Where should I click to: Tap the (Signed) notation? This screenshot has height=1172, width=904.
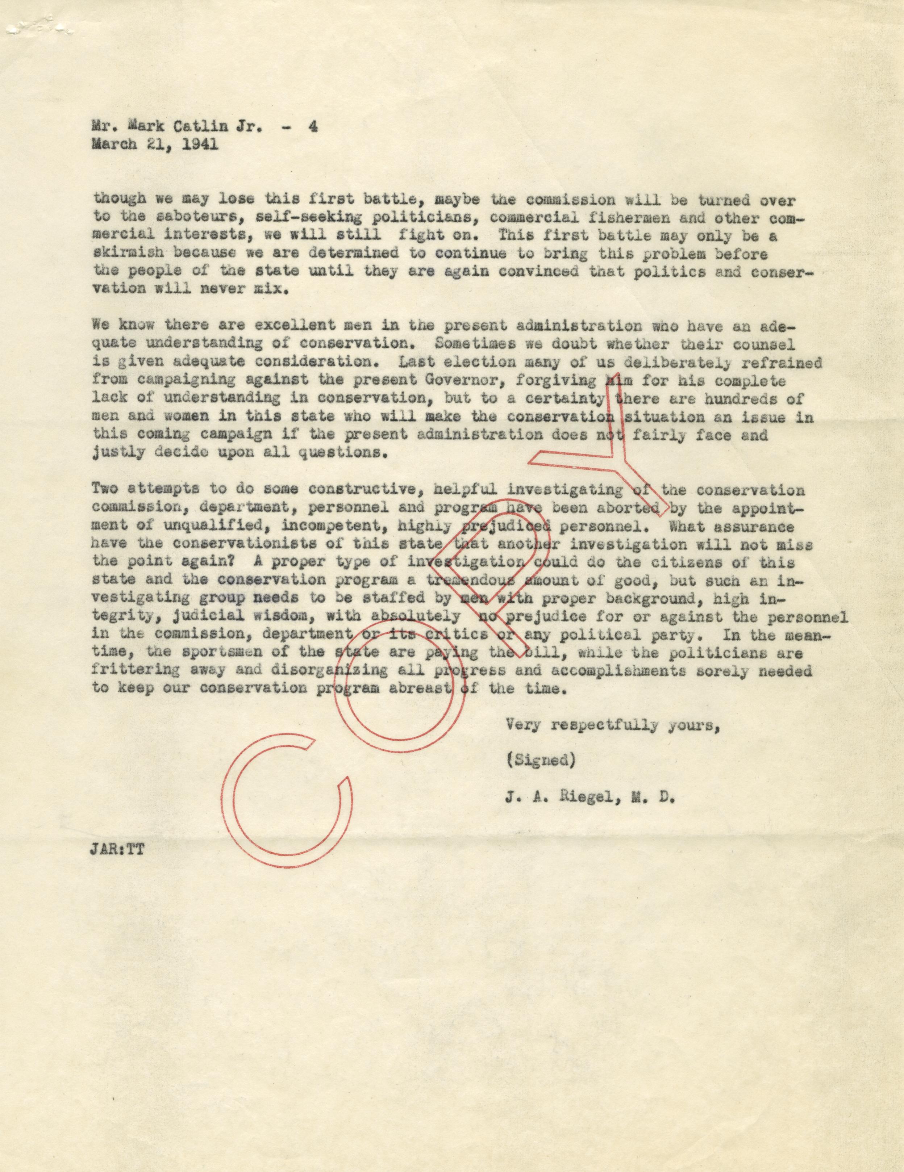[541, 761]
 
